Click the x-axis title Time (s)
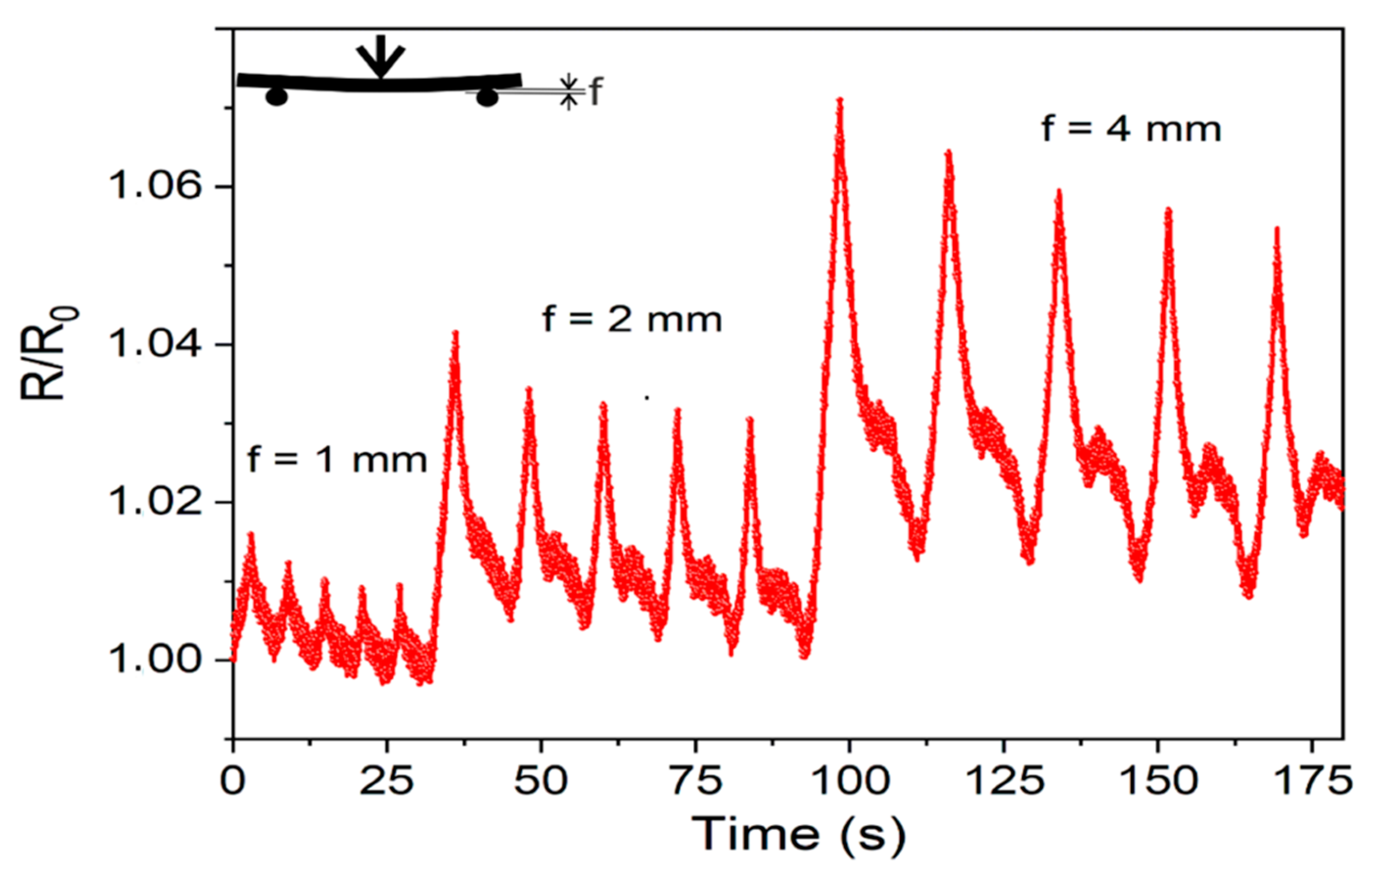pos(799,834)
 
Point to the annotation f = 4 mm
pos(1131,129)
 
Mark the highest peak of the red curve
pos(840,102)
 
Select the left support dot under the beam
pos(276,97)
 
